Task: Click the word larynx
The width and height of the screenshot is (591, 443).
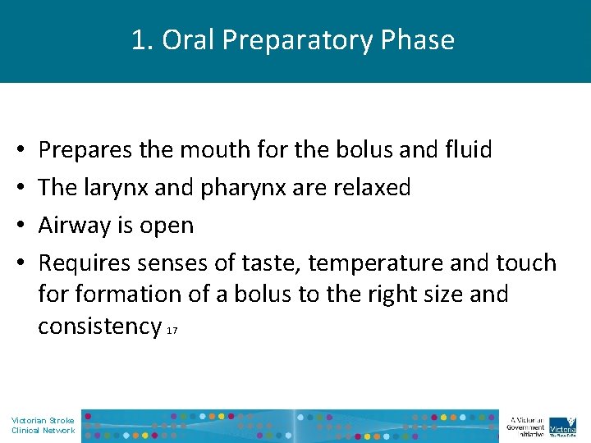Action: click(115, 187)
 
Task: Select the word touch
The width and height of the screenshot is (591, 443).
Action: click(527, 263)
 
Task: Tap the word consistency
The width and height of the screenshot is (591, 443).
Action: click(99, 326)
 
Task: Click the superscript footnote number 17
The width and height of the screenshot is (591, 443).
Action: click(172, 331)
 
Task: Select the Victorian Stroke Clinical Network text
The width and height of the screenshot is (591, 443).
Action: click(43, 425)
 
